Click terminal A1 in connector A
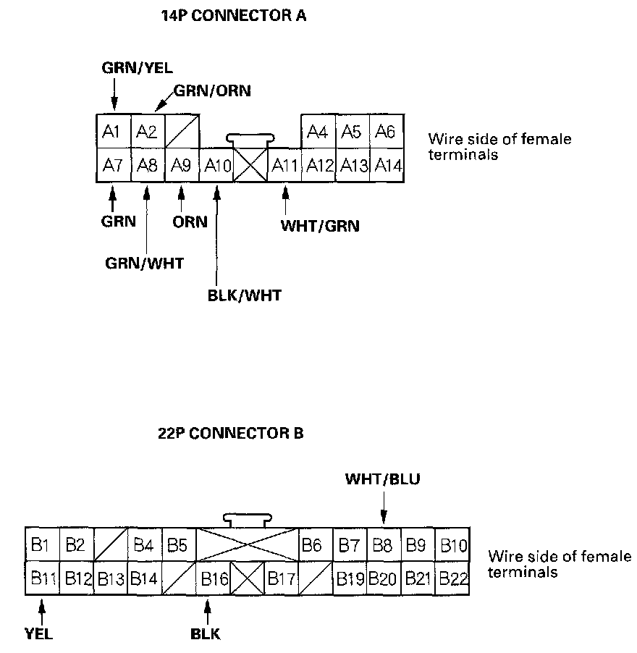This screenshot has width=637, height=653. pos(114,131)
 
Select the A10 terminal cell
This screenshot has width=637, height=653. pos(216,165)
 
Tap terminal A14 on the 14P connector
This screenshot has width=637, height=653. pos(387,165)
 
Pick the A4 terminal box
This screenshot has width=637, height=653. pos(318,131)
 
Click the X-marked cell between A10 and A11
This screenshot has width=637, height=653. pos(250,165)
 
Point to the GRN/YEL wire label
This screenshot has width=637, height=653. pos(137,68)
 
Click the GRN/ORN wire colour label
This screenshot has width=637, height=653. pos(212,90)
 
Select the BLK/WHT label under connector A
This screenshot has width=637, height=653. pos(245,295)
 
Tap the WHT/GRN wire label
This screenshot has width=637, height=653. pos(320,226)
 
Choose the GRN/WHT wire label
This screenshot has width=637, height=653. pos(144,264)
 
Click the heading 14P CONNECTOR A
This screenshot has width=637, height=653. pos(234,16)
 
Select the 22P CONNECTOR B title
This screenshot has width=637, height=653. pos(231,434)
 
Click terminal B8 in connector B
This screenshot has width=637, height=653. pos(384,544)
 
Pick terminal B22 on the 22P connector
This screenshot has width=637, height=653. pos(452,578)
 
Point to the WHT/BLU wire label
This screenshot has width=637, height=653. pos(383,479)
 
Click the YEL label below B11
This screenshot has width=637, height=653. pos(38,634)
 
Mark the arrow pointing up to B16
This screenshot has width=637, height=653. pos(207,612)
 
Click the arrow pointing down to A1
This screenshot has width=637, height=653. pos(114,95)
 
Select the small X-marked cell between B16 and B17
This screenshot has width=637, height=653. pos(248,578)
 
